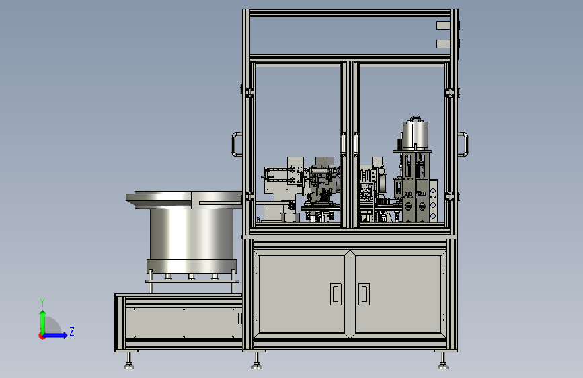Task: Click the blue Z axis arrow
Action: pos(55,335)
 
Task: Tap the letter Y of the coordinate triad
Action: pos(42,303)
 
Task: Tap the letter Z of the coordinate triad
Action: pos(72,331)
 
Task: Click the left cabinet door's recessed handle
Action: pos(336,294)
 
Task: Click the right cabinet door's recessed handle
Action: pos(364,294)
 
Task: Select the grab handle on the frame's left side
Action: pos(237,145)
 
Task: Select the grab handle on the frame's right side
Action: pos(463,145)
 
